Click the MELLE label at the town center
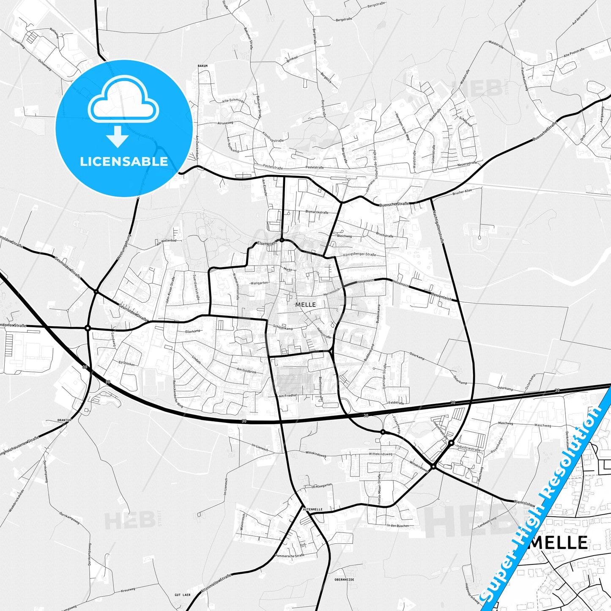point(305,304)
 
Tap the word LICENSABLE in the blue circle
point(124,162)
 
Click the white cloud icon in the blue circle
point(123,102)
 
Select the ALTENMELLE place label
point(312,510)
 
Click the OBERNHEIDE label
point(344,579)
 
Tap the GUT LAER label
point(182,595)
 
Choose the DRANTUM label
point(65,420)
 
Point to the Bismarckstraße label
point(317,211)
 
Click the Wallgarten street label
point(259,282)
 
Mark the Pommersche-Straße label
point(289,556)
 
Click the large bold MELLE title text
point(558,543)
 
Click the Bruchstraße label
point(384,236)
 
